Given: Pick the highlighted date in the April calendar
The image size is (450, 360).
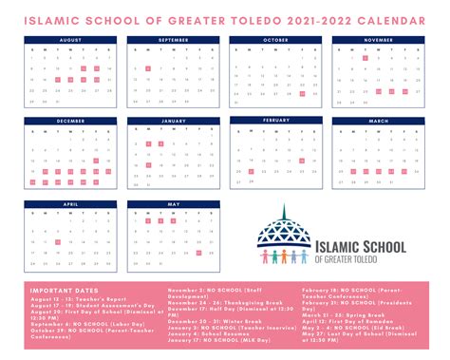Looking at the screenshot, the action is [59, 243].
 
